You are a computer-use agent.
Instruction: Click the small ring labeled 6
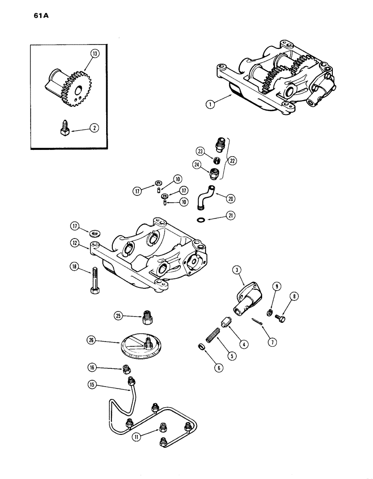202,347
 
